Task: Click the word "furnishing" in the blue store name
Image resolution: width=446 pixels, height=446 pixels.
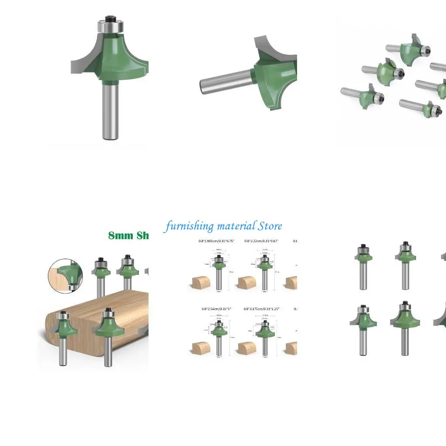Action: [x=189, y=226]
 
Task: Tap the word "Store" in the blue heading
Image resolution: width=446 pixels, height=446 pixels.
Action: [x=270, y=226]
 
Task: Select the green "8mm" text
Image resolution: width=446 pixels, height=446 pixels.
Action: [x=121, y=236]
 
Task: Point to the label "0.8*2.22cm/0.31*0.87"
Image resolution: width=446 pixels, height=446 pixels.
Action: [x=261, y=241]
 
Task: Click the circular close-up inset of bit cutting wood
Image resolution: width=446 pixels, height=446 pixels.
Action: [x=65, y=275]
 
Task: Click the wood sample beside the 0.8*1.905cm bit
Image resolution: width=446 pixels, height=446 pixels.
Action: [x=201, y=283]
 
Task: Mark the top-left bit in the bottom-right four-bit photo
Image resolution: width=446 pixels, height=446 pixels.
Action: [x=362, y=266]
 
